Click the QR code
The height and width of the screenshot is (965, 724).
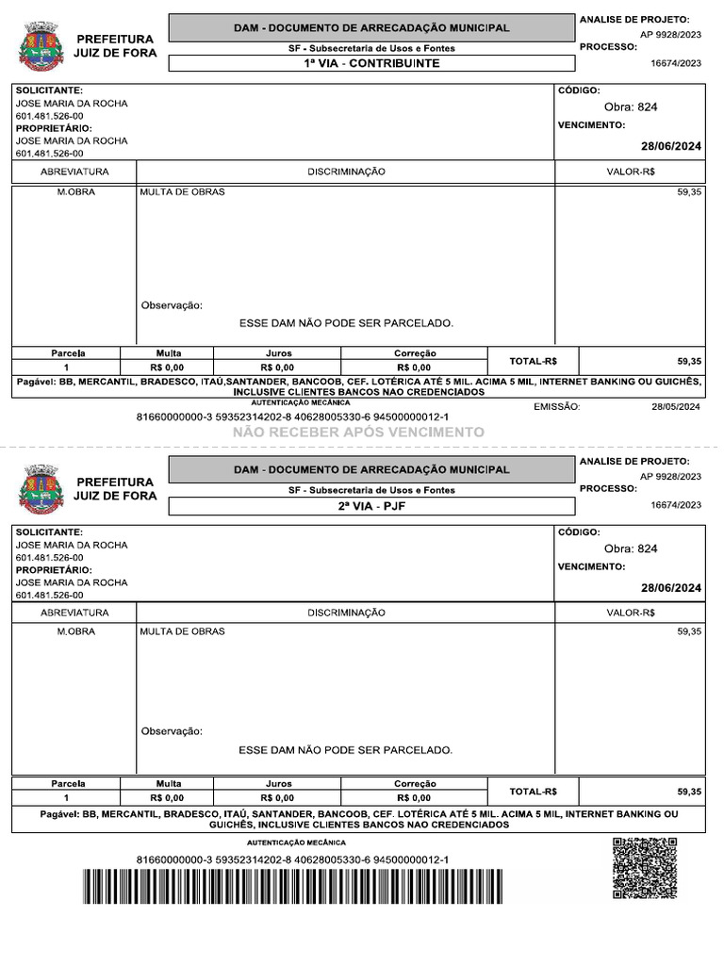[x=644, y=868]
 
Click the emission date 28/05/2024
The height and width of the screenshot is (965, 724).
[x=676, y=407]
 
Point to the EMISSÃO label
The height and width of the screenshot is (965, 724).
[x=556, y=407]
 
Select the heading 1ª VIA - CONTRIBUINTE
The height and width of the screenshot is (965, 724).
[x=371, y=64]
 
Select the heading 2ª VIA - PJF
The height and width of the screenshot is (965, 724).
[x=371, y=506]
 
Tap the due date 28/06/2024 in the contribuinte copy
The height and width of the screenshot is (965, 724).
[x=671, y=146]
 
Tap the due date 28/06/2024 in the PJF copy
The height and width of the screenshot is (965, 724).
[x=671, y=588]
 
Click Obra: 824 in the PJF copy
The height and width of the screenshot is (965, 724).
[x=631, y=548]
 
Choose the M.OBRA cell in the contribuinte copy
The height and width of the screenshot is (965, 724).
[x=75, y=192]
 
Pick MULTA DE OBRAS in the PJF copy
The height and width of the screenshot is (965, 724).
[x=182, y=631]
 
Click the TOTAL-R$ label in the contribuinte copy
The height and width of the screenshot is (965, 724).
[x=533, y=361]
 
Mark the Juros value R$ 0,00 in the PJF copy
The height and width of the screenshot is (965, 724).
[x=277, y=797]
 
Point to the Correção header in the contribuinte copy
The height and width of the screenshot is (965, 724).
[x=414, y=353]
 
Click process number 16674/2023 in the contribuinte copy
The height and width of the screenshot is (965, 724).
[x=676, y=63]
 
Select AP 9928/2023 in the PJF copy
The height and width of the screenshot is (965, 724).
[x=670, y=476]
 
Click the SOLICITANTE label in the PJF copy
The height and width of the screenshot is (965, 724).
[x=49, y=532]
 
